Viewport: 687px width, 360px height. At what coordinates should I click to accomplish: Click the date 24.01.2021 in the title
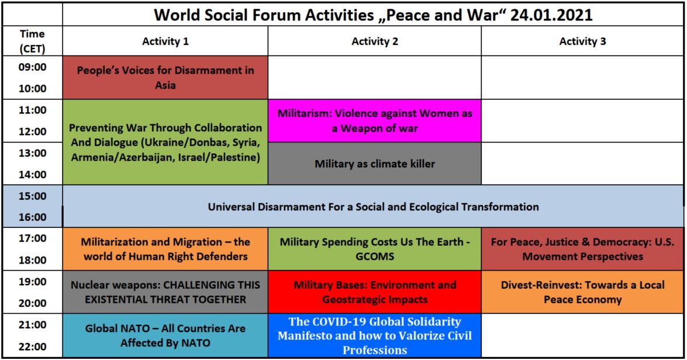click(551, 15)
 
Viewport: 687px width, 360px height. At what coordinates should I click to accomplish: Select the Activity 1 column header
click(165, 41)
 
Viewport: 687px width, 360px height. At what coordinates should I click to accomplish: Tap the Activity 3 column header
click(582, 41)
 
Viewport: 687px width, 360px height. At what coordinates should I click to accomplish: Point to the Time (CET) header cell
click(32, 41)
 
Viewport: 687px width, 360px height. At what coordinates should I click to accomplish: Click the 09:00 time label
click(32, 67)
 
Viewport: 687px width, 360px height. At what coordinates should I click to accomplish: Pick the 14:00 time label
click(32, 175)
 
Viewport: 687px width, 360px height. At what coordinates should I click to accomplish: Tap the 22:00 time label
click(32, 347)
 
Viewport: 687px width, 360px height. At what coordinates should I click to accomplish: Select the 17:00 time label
click(32, 238)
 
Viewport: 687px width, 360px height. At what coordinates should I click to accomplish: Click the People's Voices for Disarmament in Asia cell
click(165, 78)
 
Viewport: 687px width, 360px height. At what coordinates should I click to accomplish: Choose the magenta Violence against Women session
click(375, 121)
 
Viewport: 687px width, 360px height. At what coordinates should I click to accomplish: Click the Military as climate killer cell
click(375, 164)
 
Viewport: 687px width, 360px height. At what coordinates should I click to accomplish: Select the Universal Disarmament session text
click(373, 207)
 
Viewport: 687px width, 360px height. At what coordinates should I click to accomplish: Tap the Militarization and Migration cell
click(165, 249)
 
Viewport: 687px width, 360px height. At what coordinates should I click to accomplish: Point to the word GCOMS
click(375, 257)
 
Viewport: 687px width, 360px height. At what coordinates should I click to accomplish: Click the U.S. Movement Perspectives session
click(582, 249)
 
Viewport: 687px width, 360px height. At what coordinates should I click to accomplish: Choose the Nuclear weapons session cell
click(165, 292)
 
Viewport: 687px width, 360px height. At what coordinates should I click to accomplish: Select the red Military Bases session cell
click(375, 292)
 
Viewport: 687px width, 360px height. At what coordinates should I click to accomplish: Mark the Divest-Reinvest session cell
click(582, 292)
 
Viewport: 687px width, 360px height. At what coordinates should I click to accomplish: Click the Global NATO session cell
click(165, 335)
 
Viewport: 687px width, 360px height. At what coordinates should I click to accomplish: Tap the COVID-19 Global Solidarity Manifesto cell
click(375, 335)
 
